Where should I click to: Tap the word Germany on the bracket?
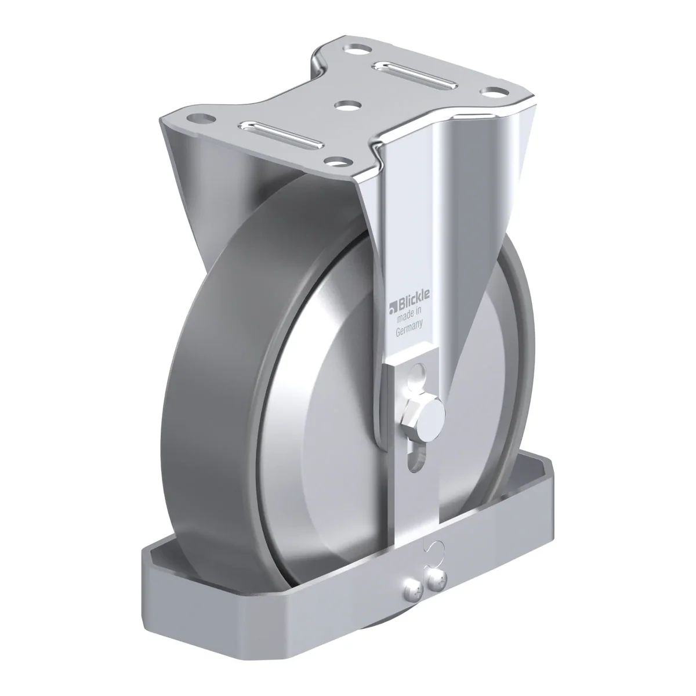(409, 329)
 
